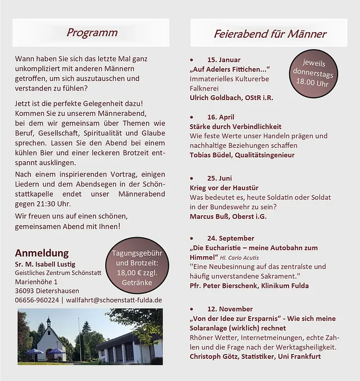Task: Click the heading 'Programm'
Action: (92, 33)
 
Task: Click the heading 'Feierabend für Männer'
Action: (269, 34)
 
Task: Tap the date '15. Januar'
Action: (223, 60)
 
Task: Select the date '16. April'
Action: (220, 117)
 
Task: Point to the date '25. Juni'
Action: (219, 178)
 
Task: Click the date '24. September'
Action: (231, 238)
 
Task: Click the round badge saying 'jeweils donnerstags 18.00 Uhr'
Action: (314, 72)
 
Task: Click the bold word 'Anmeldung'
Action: (42, 253)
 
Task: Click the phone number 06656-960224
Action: (37, 300)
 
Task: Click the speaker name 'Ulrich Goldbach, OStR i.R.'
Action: (231, 98)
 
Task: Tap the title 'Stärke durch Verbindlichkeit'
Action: (235, 126)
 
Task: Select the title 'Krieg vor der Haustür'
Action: (224, 188)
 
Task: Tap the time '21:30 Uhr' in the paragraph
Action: (53, 204)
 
